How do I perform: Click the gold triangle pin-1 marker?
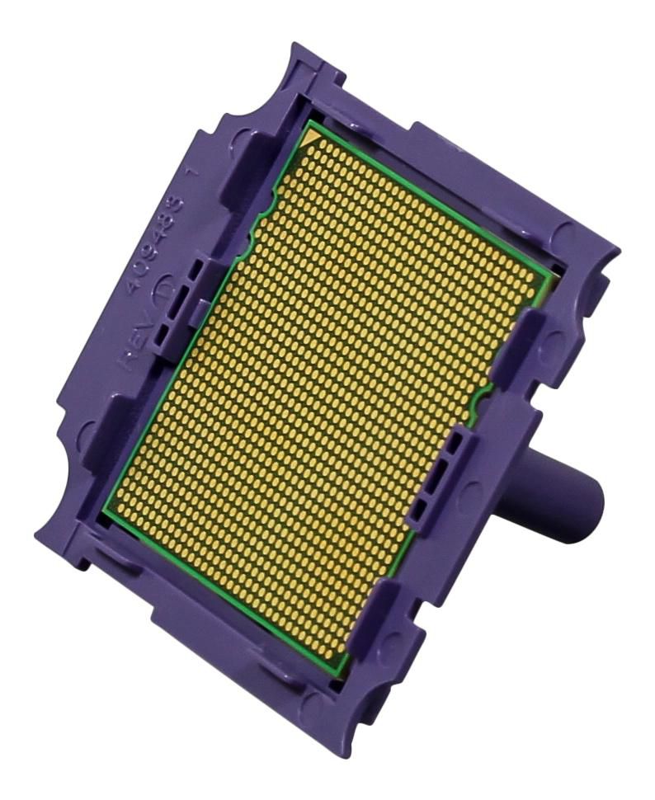pyautogui.click(x=314, y=139)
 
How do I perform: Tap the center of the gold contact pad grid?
pyautogui.click(x=326, y=400)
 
